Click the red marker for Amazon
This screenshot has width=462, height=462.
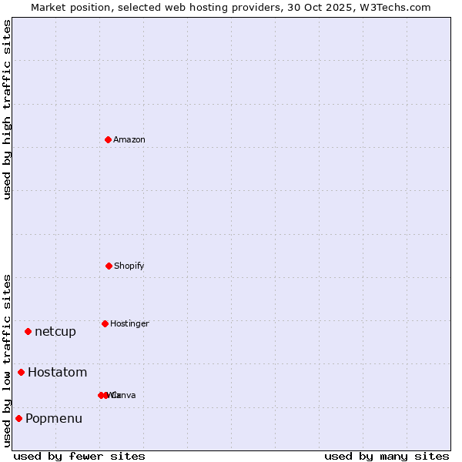pos(108,139)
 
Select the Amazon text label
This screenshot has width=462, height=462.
pos(129,139)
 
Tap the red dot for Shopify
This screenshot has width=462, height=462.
pos(109,266)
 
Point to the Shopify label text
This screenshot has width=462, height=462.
pos(129,266)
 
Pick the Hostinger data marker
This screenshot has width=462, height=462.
pos(105,323)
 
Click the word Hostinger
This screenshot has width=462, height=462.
pos(129,323)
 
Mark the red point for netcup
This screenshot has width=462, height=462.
pos(28,331)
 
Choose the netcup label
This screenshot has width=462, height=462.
pos(55,332)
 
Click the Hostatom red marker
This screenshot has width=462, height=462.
pos(21,372)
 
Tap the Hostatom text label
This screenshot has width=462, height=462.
pos(57,373)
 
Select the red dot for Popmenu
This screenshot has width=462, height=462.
pos(18,418)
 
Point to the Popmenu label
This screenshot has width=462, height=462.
pos(54,419)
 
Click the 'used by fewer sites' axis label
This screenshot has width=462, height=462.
pos(79,456)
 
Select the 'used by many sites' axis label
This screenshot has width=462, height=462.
pos(387,456)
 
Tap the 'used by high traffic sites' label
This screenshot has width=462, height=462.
pos(7,109)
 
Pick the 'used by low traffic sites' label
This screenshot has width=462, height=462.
pos(7,360)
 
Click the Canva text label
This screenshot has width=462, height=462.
pos(124,395)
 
